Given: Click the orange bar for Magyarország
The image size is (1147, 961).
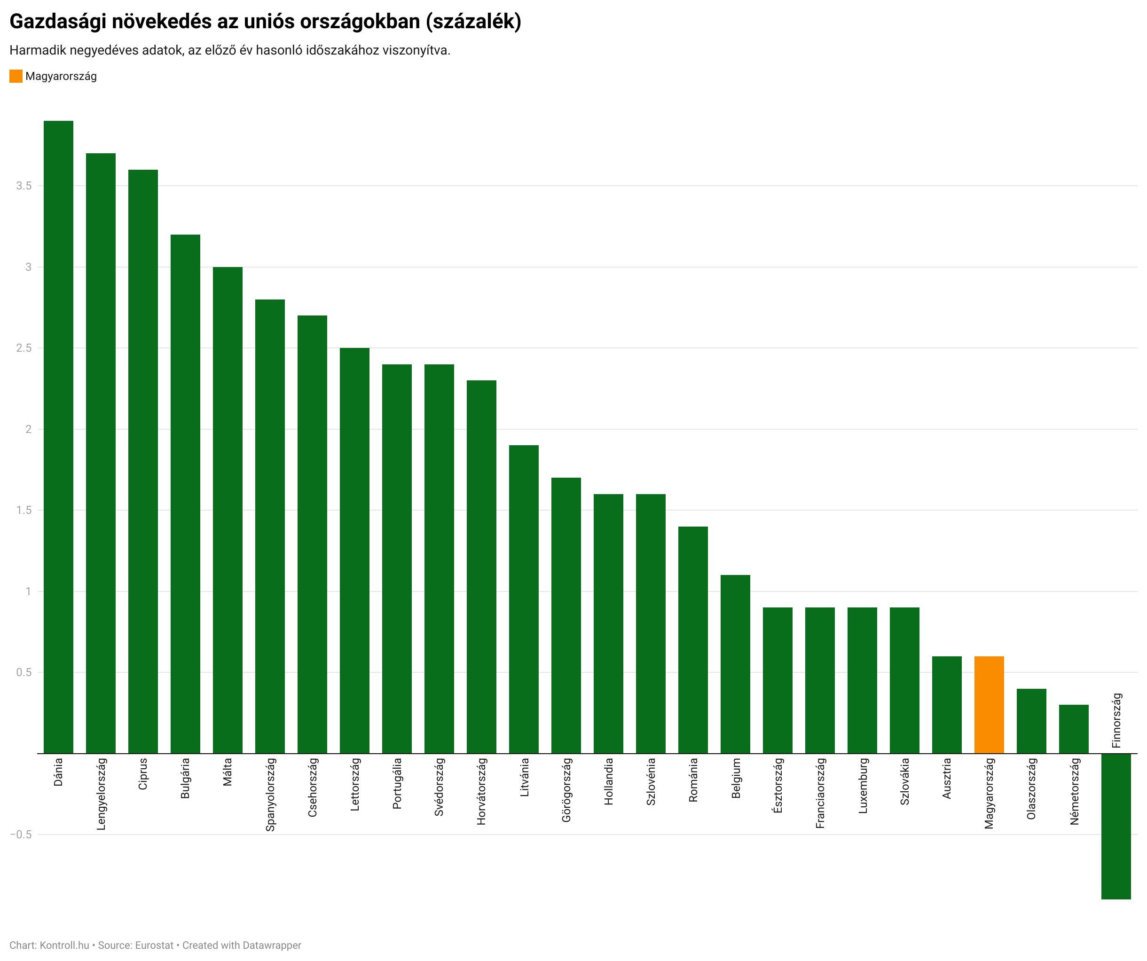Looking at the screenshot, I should (989, 704).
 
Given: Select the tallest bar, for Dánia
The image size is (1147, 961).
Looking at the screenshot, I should (58, 437).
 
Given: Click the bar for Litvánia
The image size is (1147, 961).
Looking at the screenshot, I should (524, 599).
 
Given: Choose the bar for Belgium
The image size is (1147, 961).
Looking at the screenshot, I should (735, 664).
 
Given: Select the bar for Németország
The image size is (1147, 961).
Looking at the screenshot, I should (1074, 729).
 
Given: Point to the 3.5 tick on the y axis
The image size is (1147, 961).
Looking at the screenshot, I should (24, 186).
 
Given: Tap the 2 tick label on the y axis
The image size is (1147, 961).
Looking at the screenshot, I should (28, 429).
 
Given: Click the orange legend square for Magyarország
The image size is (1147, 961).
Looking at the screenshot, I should (16, 76).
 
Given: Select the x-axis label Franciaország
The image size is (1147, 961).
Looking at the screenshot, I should (820, 793).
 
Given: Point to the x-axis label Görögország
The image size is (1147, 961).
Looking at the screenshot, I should (566, 789).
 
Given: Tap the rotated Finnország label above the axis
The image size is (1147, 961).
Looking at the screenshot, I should (1116, 720).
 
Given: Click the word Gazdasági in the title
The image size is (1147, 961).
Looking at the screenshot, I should (57, 21).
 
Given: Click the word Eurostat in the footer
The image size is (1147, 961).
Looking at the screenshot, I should (154, 945).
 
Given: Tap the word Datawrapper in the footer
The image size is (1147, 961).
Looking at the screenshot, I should (272, 945).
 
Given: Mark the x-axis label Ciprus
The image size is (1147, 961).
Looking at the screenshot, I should (143, 773).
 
